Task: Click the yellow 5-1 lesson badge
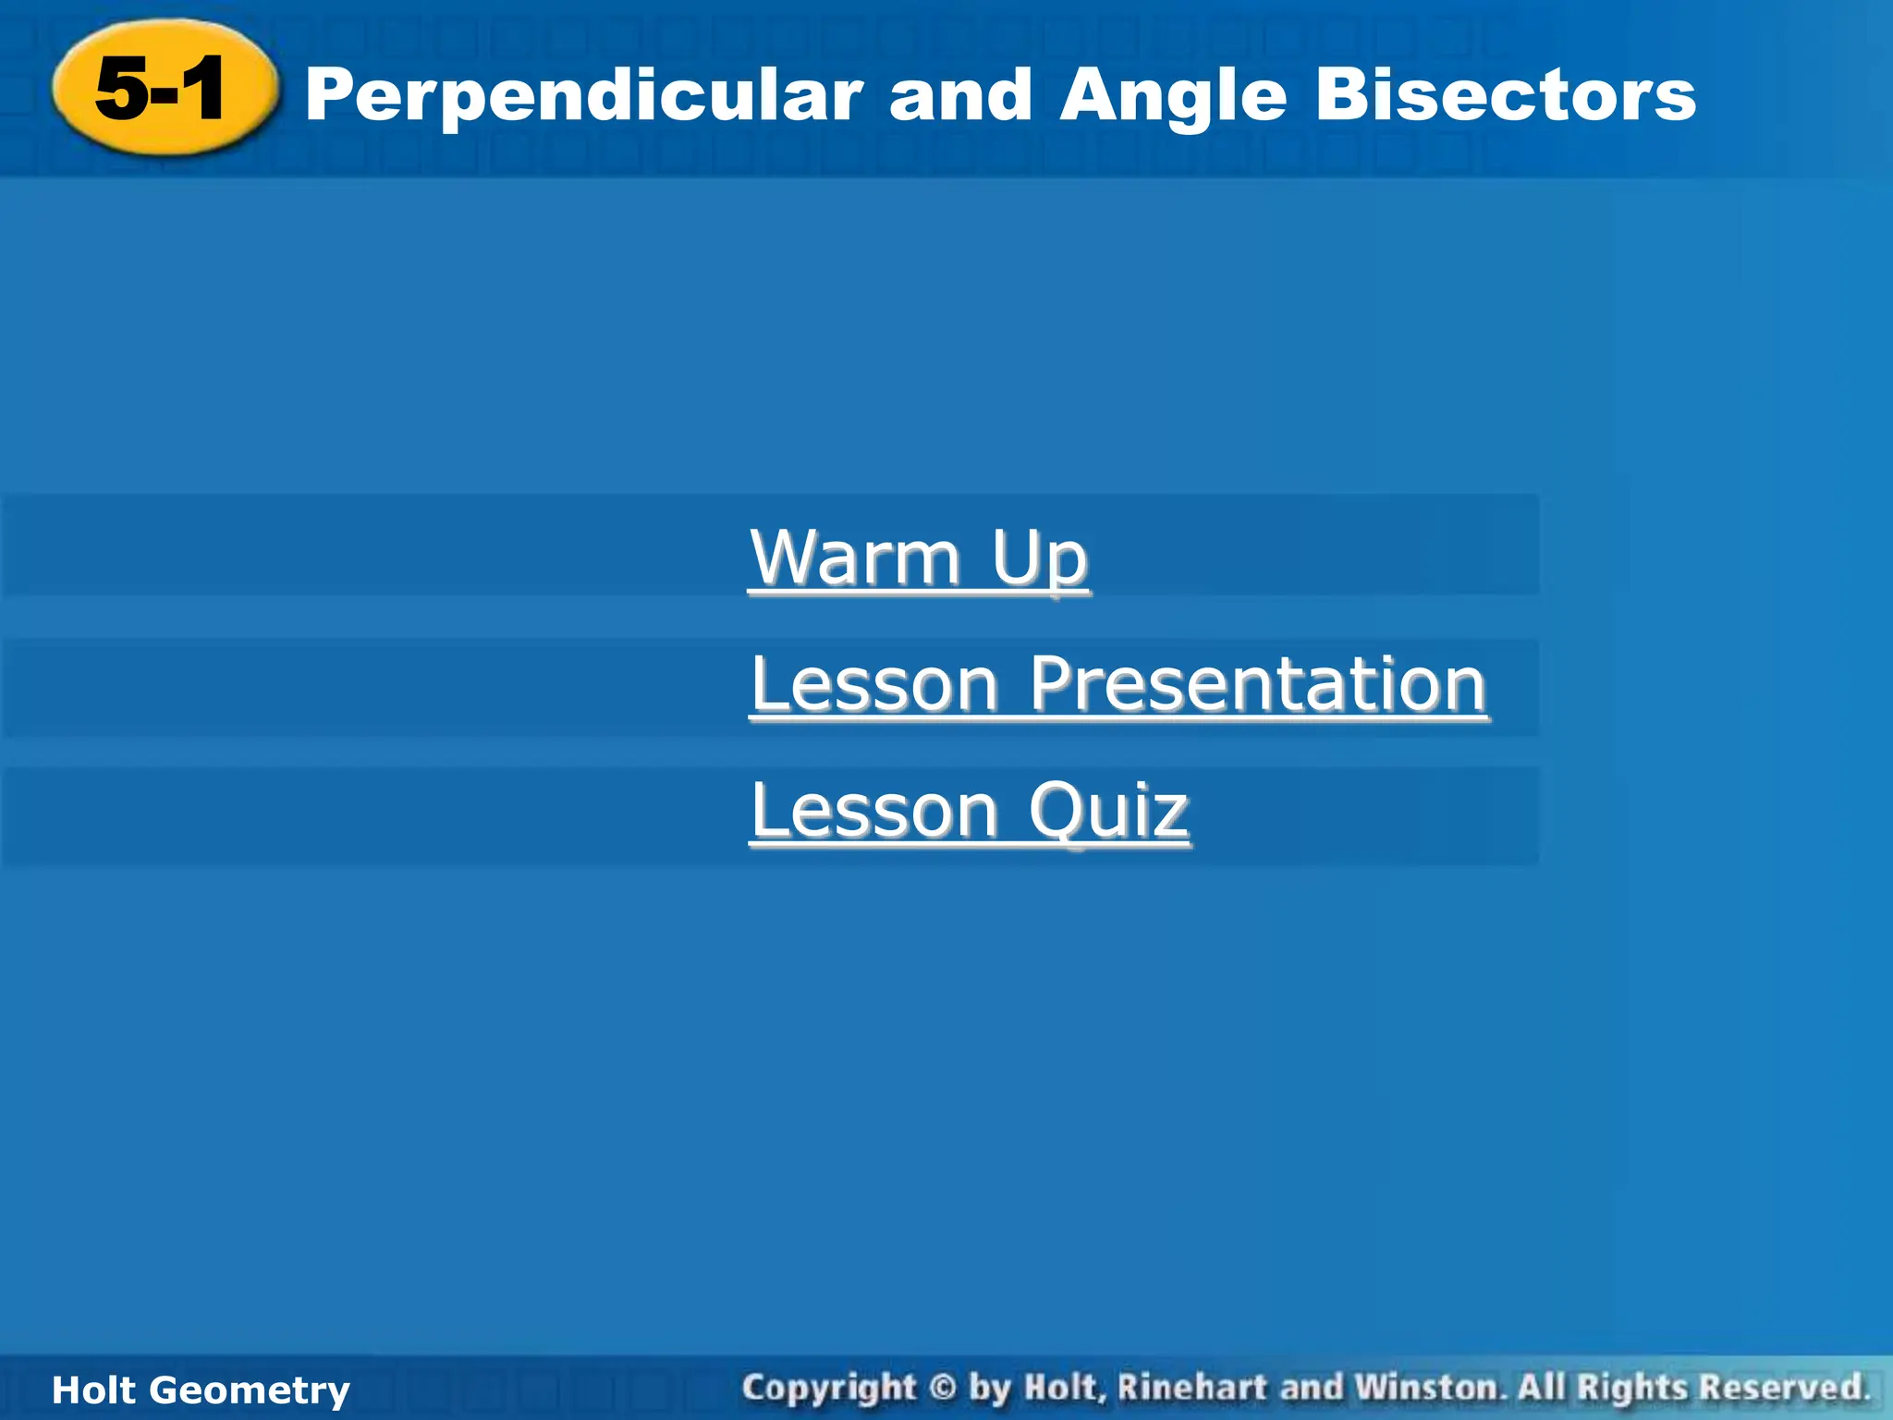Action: pyautogui.click(x=163, y=89)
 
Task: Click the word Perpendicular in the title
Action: pyautogui.click(x=583, y=96)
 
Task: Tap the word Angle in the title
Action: pyautogui.click(x=1173, y=96)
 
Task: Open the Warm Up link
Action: pyautogui.click(x=919, y=558)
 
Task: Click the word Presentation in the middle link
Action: pyautogui.click(x=1258, y=685)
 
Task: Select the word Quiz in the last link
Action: pyautogui.click(x=1108, y=811)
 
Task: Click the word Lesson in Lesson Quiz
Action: pyautogui.click(x=874, y=811)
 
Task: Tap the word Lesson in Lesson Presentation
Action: pyautogui.click(x=874, y=685)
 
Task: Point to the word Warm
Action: pyautogui.click(x=855, y=558)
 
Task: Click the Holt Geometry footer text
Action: pyautogui.click(x=201, y=1390)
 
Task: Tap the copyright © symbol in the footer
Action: pyautogui.click(x=942, y=1389)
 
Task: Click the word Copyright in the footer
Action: pyautogui.click(x=828, y=1389)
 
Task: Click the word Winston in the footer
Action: pyautogui.click(x=1429, y=1388)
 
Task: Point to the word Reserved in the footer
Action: pyautogui.click(x=1784, y=1388)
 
